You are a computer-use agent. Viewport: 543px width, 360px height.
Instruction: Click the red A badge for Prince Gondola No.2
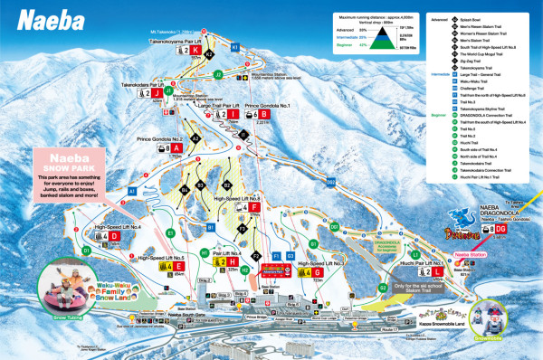tap(178, 147)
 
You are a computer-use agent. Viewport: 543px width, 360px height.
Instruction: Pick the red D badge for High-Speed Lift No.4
tap(115, 236)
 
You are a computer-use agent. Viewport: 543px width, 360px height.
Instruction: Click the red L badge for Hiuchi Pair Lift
tap(437, 271)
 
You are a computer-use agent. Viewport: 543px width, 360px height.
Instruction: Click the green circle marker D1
tap(87, 250)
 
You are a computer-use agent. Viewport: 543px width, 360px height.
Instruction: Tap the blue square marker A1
tap(130, 193)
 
